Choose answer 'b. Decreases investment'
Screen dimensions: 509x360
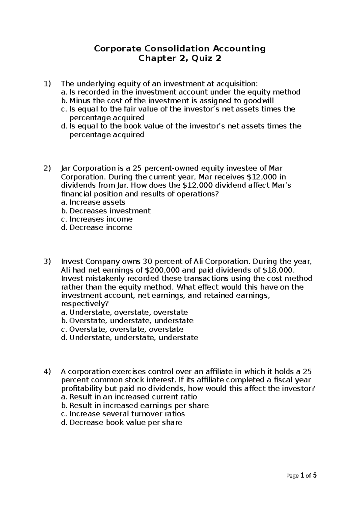click(106, 211)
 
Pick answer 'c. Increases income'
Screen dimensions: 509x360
click(97, 219)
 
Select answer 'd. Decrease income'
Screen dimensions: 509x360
click(96, 227)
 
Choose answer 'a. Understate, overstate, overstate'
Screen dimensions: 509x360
click(124, 312)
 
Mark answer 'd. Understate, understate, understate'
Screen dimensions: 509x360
click(129, 338)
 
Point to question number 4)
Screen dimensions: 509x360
click(47, 372)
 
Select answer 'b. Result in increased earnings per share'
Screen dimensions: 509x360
click(134, 405)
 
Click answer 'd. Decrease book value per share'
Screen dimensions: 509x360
click(121, 423)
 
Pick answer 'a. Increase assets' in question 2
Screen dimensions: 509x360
click(93, 202)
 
